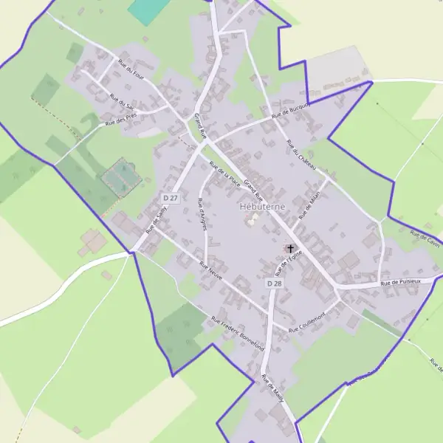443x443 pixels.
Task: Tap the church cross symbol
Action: click(x=290, y=248)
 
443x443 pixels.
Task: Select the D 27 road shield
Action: click(x=171, y=199)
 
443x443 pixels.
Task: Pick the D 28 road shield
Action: click(x=274, y=284)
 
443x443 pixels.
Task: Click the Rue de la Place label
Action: click(x=225, y=173)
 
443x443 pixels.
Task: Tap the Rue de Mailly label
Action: click(x=272, y=387)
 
